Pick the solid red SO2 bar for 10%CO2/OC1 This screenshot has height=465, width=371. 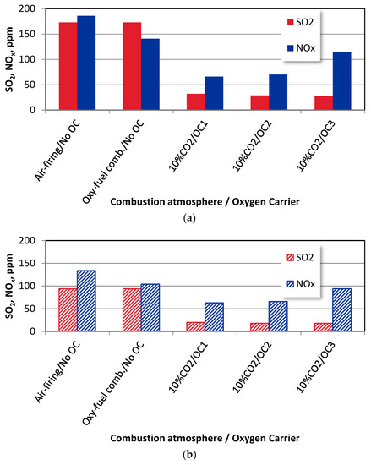(194, 101)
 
